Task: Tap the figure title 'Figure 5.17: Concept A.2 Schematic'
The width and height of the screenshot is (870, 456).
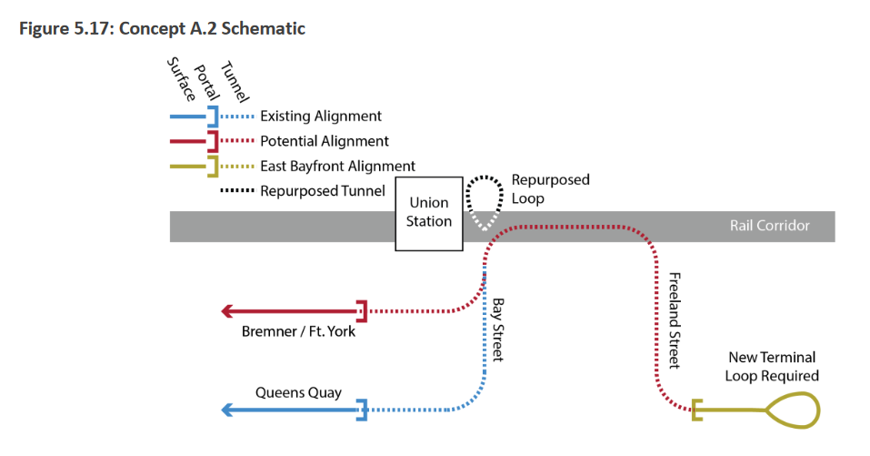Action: [x=162, y=28]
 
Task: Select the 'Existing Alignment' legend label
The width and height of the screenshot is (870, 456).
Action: [x=320, y=117]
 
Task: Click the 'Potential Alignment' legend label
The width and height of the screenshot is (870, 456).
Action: [x=324, y=141]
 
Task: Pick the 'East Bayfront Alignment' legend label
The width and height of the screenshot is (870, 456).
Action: [x=337, y=166]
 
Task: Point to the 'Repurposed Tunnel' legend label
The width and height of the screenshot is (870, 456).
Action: [x=322, y=191]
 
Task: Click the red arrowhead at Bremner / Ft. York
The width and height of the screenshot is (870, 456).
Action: [x=228, y=311]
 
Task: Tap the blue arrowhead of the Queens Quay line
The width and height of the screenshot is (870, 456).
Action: [x=228, y=410]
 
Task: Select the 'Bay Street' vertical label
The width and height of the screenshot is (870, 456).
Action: [x=497, y=329]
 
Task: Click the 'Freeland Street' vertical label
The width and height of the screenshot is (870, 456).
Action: [x=674, y=319]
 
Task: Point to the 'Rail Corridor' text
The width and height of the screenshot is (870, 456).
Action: [x=769, y=226]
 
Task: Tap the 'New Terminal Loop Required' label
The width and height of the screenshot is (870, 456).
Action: [x=773, y=367]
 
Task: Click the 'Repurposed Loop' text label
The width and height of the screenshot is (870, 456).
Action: [x=550, y=188]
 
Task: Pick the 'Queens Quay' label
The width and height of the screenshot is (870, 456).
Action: [x=298, y=392]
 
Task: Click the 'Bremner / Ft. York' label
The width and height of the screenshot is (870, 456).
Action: [x=298, y=331]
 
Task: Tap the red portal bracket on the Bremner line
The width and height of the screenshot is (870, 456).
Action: [x=362, y=311]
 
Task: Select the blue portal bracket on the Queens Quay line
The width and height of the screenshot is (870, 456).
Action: [x=362, y=410]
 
